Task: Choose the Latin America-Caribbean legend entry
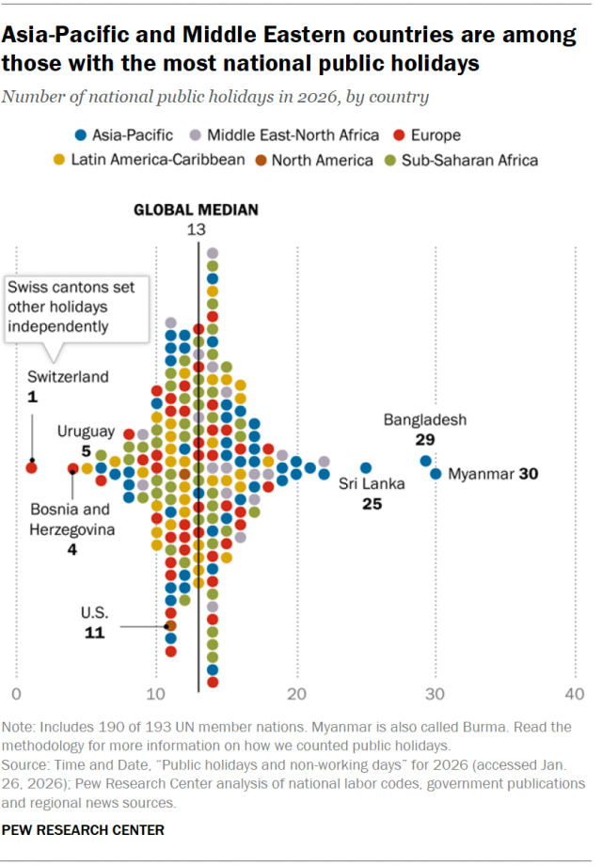pyautogui.click(x=150, y=160)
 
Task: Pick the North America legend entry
pyautogui.click(x=314, y=160)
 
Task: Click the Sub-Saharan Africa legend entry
pyautogui.click(x=461, y=160)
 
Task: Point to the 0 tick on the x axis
pyautogui.click(x=16, y=694)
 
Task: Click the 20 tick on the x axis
pyautogui.click(x=297, y=694)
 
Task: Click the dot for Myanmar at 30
pyautogui.click(x=436, y=474)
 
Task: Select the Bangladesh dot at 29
pyautogui.click(x=425, y=461)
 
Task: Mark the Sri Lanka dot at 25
pyautogui.click(x=366, y=467)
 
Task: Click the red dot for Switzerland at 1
pyautogui.click(x=31, y=467)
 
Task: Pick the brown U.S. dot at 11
pyautogui.click(x=170, y=625)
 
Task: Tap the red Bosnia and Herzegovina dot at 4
pyautogui.click(x=72, y=467)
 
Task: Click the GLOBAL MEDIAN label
pyautogui.click(x=195, y=210)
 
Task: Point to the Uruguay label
pyautogui.click(x=86, y=432)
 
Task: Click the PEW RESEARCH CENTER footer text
pyautogui.click(x=84, y=830)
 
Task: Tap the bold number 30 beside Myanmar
pyautogui.click(x=528, y=474)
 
